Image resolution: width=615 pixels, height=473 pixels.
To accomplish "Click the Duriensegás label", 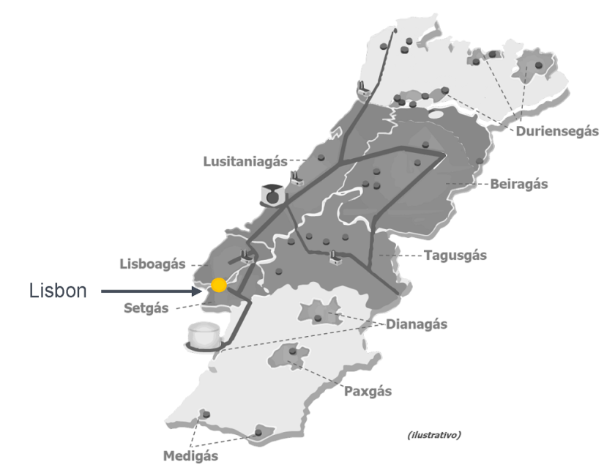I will pyautogui.click(x=557, y=132).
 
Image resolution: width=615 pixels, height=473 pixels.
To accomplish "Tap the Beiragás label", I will pyautogui.click(x=518, y=185).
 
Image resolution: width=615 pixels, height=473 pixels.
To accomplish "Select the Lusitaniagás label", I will pyautogui.click(x=245, y=160).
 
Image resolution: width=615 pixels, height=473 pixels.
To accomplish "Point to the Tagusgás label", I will pyautogui.click(x=455, y=256).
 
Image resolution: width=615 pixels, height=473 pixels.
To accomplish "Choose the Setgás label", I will pyautogui.click(x=146, y=308).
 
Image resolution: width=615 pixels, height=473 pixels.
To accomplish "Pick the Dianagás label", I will pyautogui.click(x=417, y=324).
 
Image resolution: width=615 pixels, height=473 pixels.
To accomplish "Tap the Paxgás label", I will pyautogui.click(x=368, y=391).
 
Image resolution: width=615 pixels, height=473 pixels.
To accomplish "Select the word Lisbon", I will pyautogui.click(x=58, y=291).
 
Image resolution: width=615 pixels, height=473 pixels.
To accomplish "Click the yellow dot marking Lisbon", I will pyautogui.click(x=218, y=285).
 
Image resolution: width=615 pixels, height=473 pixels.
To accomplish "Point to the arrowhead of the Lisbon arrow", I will pyautogui.click(x=198, y=291).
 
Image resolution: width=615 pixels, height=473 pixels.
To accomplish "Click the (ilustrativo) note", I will pyautogui.click(x=434, y=435).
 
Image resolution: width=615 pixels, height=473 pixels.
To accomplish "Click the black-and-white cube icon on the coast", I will pyautogui.click(x=272, y=195).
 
